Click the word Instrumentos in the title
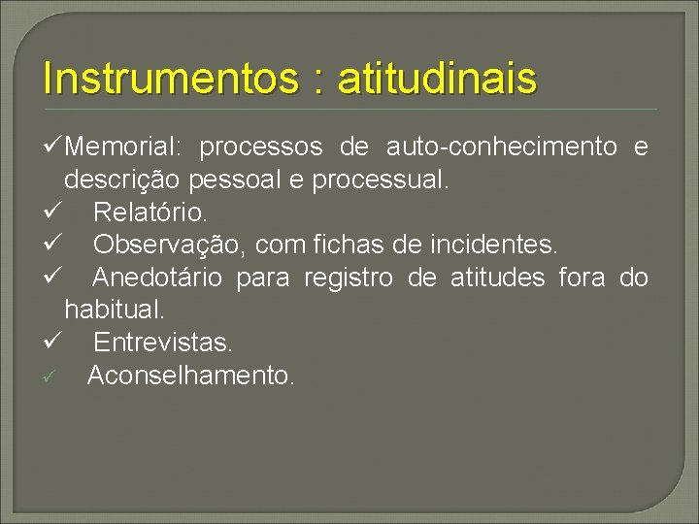[170, 79]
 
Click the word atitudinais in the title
[436, 79]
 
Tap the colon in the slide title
[316, 81]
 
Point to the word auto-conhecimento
[502, 147]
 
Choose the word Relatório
[150, 212]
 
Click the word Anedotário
[157, 278]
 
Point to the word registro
[349, 278]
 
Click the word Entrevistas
[163, 343]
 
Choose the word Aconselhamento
[190, 376]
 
